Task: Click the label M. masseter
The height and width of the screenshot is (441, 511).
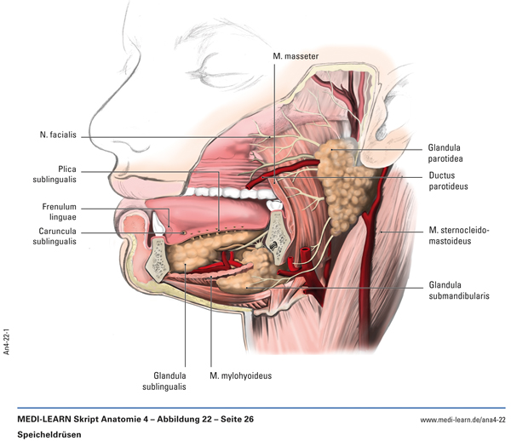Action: tap(296, 55)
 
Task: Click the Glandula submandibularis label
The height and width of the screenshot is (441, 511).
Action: tap(460, 290)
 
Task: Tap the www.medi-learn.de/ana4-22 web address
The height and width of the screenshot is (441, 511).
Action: tap(462, 420)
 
